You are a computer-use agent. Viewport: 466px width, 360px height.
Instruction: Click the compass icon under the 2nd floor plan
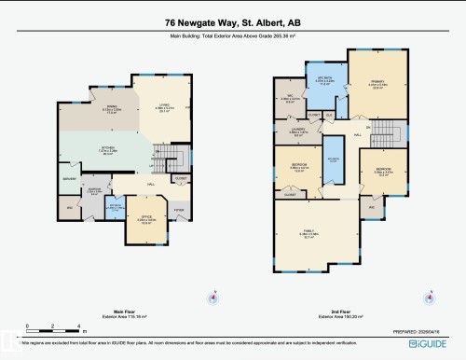(x=430, y=299)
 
